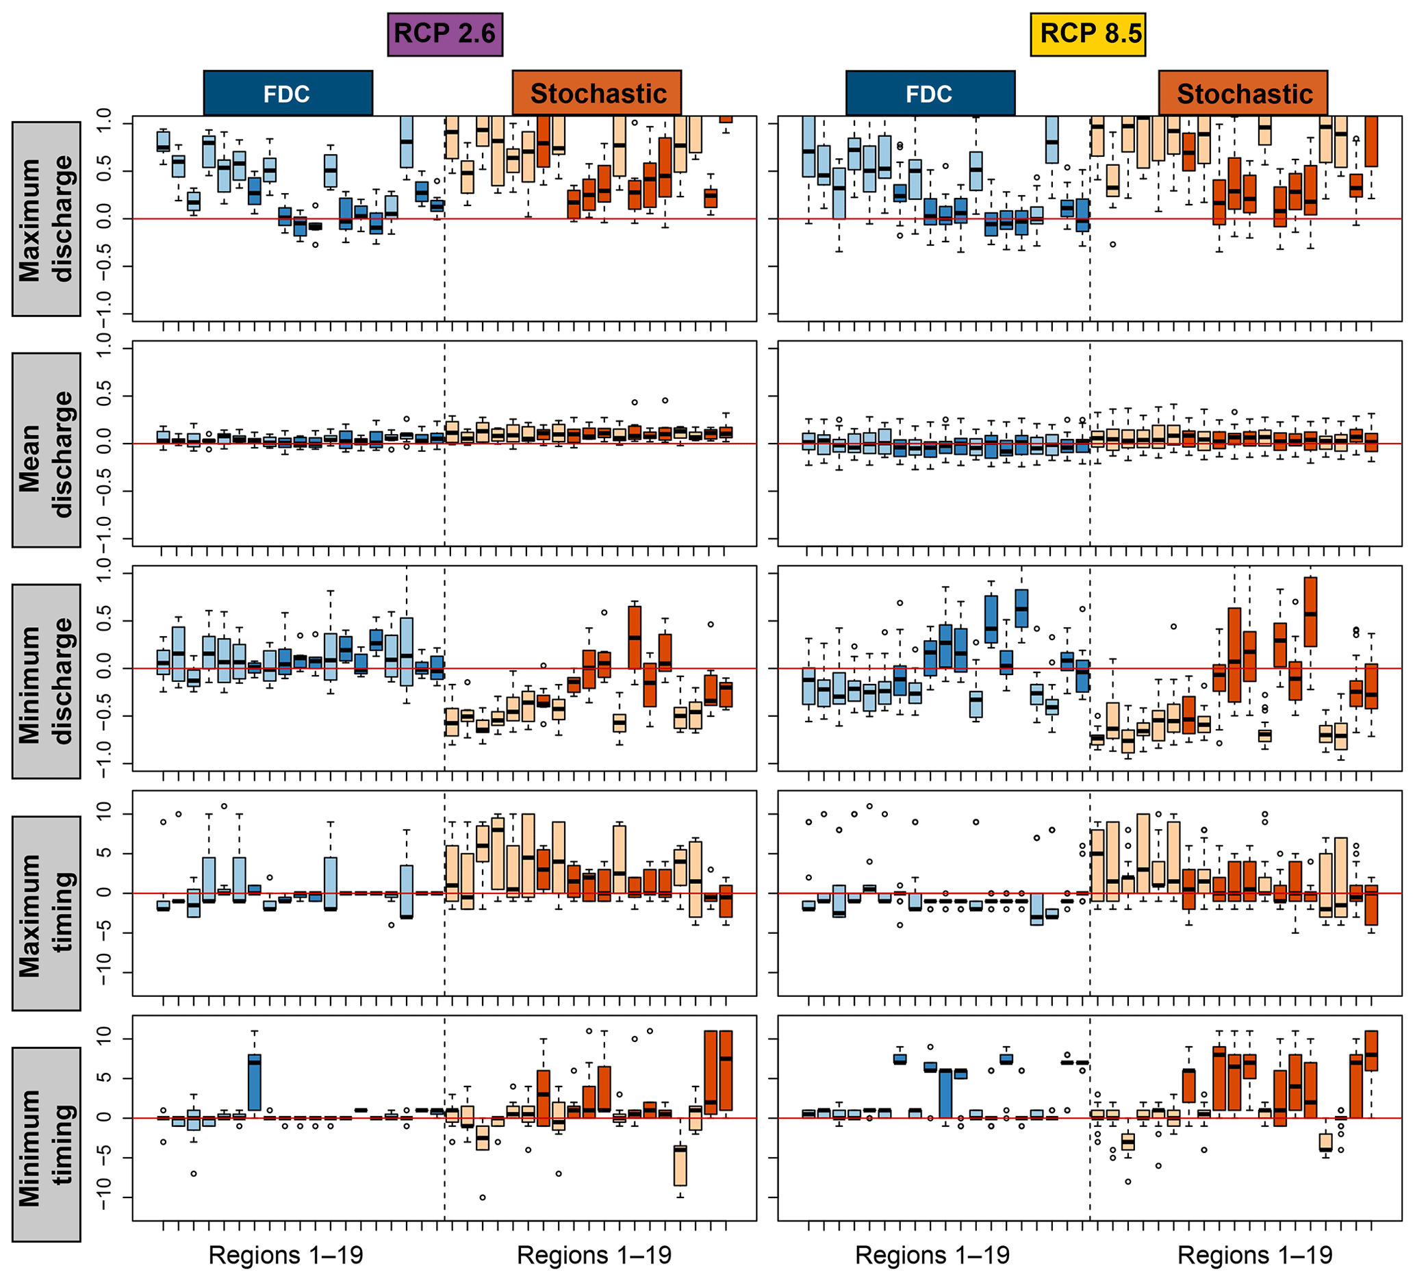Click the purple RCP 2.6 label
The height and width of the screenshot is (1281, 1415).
tap(445, 34)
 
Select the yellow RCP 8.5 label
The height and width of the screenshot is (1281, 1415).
tap(1088, 34)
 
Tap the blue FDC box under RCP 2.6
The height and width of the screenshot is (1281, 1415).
tap(288, 92)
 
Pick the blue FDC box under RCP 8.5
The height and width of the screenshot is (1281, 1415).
tap(930, 92)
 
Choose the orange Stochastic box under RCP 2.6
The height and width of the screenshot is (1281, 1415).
tap(597, 92)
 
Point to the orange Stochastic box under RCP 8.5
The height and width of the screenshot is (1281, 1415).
tap(1243, 92)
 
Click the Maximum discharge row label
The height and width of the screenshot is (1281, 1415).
tap(47, 218)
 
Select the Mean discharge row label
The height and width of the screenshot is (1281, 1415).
tap(47, 449)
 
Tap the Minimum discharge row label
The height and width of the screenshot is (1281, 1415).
tap(47, 680)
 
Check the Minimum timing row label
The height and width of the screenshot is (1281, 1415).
tap(47, 1144)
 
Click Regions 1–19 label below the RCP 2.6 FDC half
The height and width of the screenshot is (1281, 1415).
tap(285, 1254)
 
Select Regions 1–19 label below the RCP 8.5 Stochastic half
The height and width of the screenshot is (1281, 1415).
tap(1255, 1254)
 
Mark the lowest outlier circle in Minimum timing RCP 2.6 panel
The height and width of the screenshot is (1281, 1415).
tap(483, 1197)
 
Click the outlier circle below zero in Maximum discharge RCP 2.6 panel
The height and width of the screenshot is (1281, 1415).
tap(315, 245)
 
